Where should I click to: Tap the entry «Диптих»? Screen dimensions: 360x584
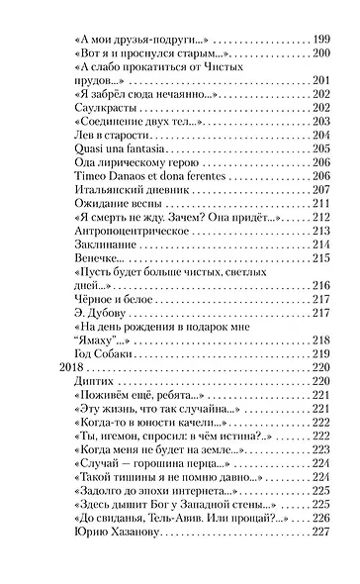[x=95, y=381]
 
